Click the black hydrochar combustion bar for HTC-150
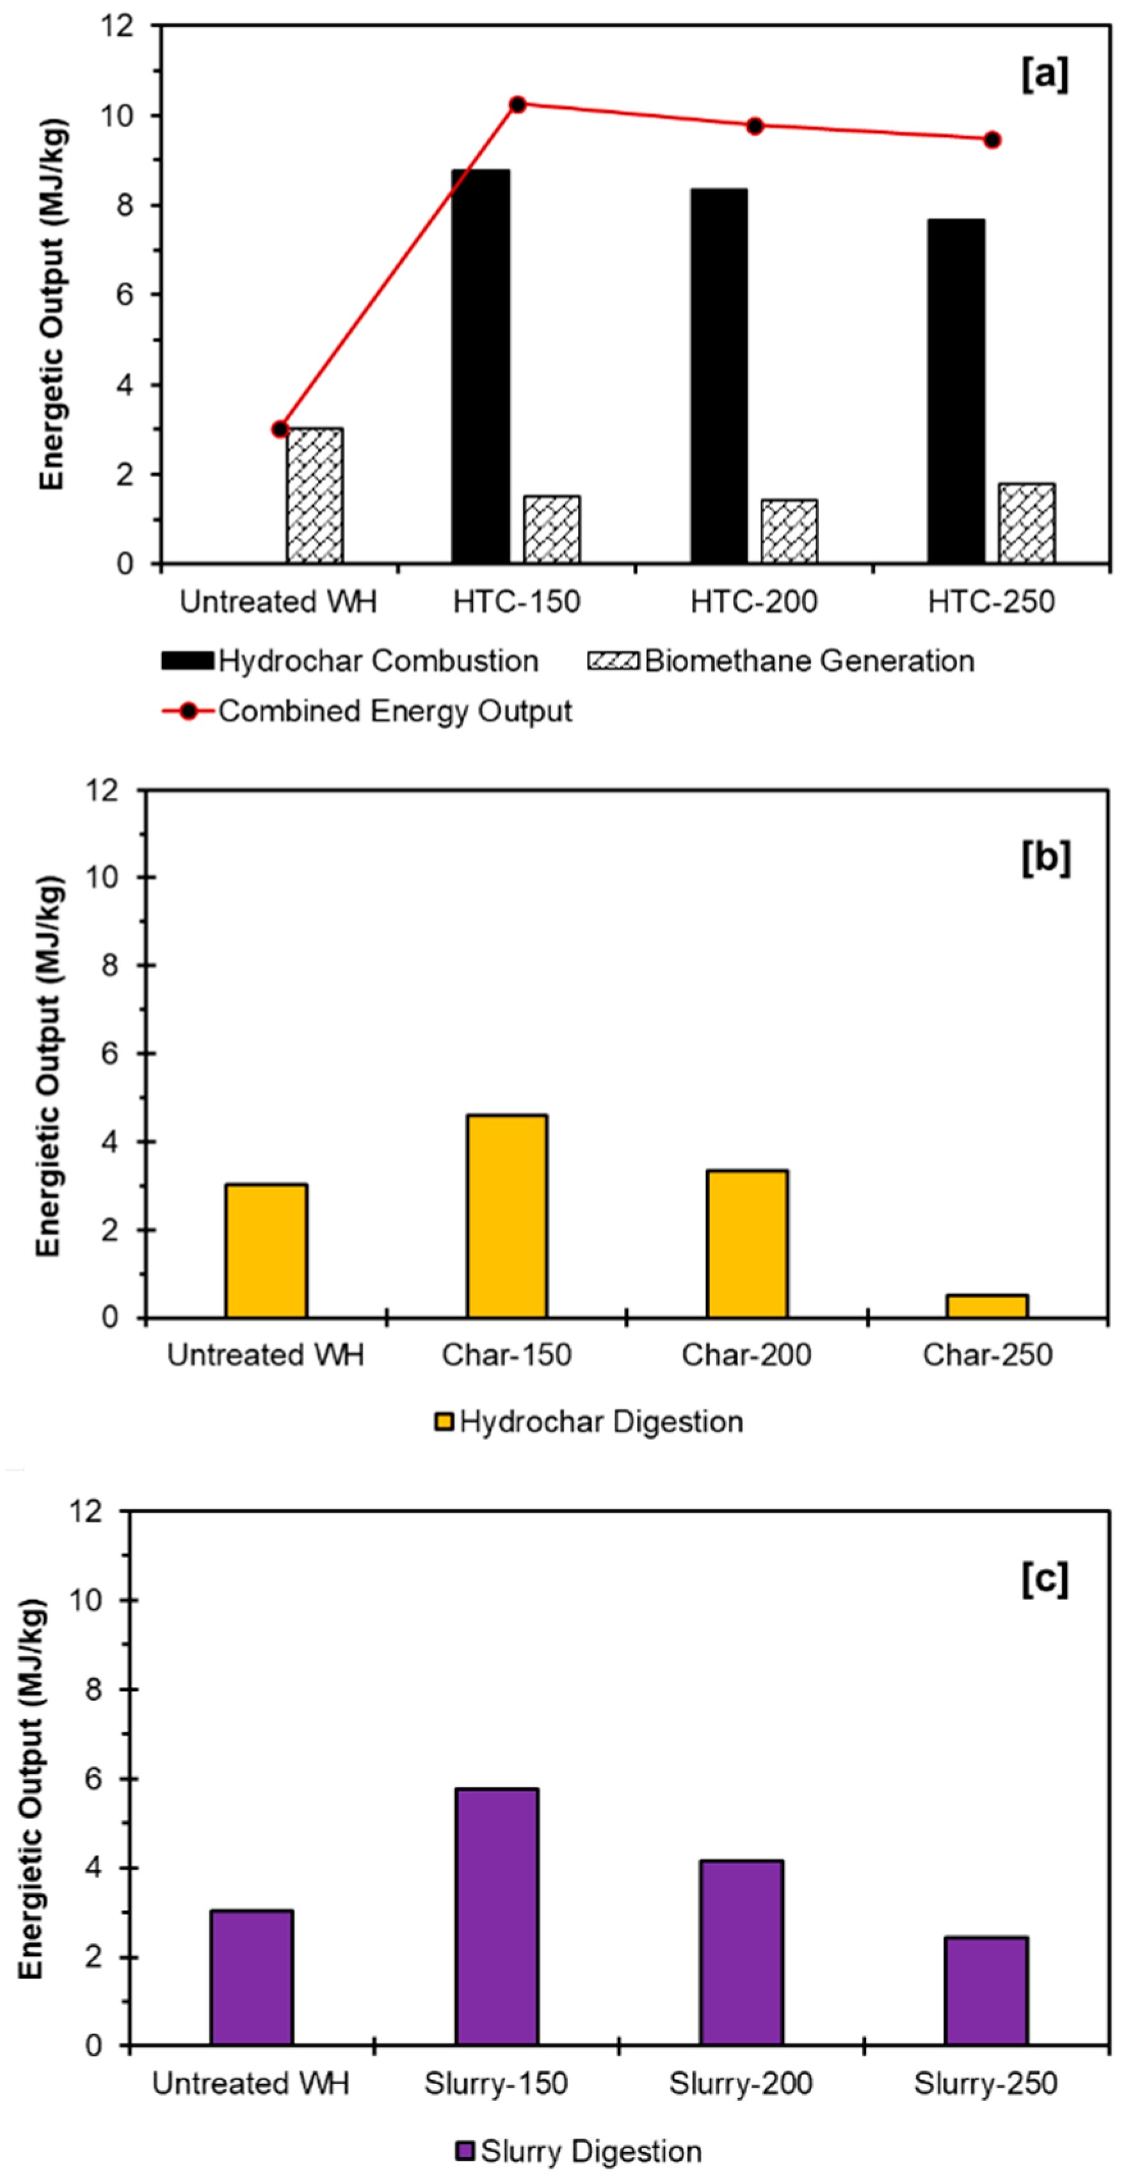click(x=480, y=366)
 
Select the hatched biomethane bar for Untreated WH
click(x=314, y=496)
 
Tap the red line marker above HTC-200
click(x=755, y=126)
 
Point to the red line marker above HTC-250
click(x=992, y=140)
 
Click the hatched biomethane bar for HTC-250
click(x=1026, y=524)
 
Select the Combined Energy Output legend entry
click(x=394, y=711)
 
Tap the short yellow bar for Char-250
click(x=986, y=1305)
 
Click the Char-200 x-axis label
click(x=746, y=1354)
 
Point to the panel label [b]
click(x=1046, y=858)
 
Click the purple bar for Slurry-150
click(x=496, y=1917)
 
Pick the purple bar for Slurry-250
click(x=986, y=1991)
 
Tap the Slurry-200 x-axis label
click(x=740, y=2083)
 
